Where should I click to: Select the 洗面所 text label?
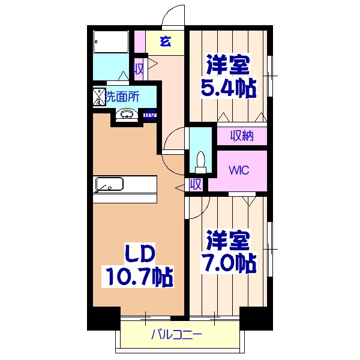tap(122, 95)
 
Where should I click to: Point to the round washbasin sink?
tap(126, 114)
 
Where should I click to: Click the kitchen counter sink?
tap(109, 184)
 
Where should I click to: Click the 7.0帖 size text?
tap(228, 262)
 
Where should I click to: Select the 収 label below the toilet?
tap(196, 184)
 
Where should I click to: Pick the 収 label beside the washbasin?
tap(149, 115)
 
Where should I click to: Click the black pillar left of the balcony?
tap(103, 319)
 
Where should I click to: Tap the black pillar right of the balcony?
tap(256, 319)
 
